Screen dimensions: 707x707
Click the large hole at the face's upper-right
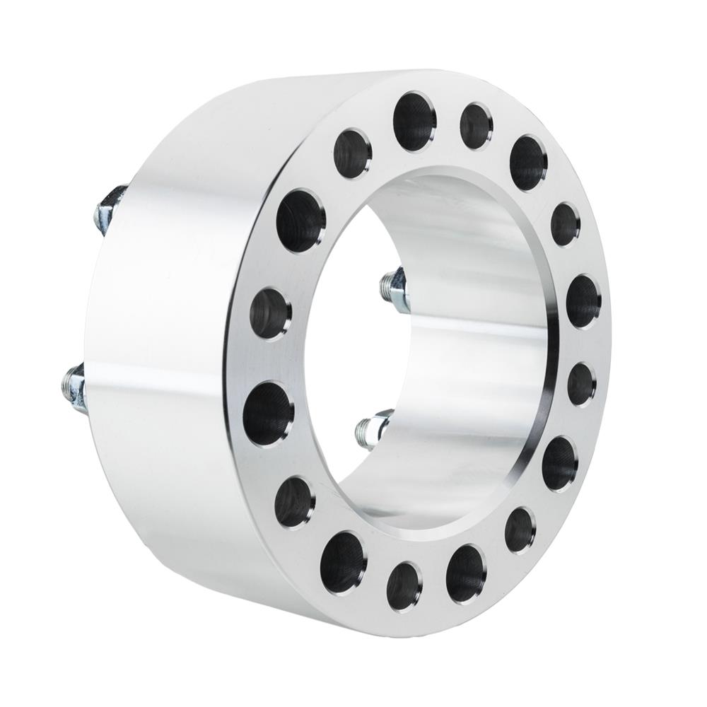[528, 163]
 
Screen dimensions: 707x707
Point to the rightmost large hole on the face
[583, 301]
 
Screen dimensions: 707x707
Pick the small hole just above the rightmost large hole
[566, 224]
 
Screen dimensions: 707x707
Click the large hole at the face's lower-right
[560, 463]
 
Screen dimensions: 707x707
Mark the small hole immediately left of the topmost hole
[353, 153]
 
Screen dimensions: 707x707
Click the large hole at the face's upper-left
[300, 220]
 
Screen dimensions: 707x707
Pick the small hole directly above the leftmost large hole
[271, 314]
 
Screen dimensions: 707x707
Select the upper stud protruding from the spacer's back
[106, 207]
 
